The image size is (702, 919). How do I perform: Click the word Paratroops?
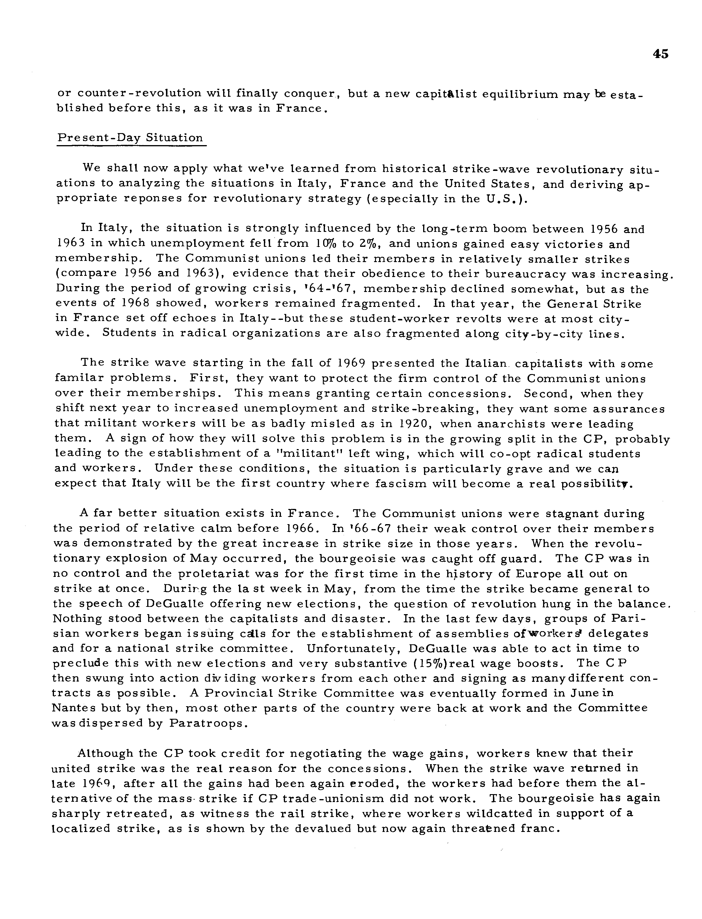point(206,723)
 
